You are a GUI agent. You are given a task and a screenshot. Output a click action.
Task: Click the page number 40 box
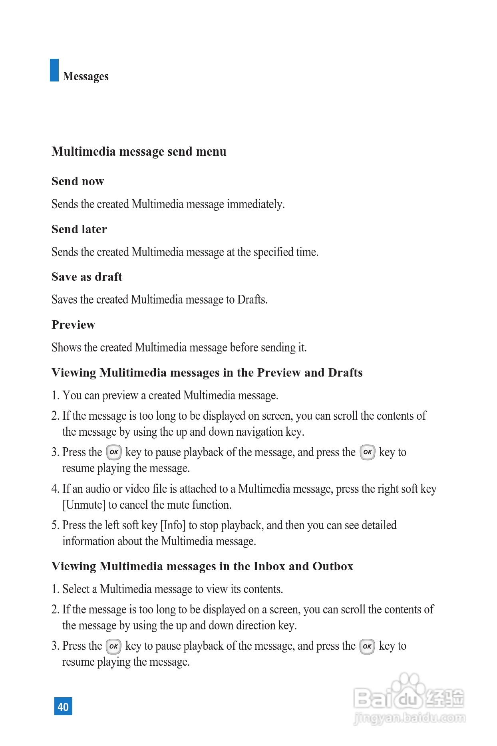click(x=63, y=706)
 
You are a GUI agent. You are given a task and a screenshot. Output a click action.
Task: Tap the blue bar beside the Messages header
click(x=54, y=70)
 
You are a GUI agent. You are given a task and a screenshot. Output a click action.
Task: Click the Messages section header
click(x=85, y=76)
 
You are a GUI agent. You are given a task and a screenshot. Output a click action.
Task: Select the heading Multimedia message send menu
click(x=139, y=152)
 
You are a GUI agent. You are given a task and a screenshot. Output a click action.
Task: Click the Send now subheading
click(x=78, y=181)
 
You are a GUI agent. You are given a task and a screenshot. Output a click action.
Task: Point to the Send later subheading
click(x=79, y=229)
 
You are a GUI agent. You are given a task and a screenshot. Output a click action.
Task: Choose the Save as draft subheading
click(x=87, y=277)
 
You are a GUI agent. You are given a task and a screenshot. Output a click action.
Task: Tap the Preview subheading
click(x=73, y=325)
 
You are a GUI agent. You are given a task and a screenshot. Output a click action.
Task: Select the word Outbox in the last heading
click(x=333, y=566)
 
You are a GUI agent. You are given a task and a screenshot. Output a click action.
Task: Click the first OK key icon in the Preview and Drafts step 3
click(x=114, y=452)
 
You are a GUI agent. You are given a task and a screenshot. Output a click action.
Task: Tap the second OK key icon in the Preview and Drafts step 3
click(x=368, y=452)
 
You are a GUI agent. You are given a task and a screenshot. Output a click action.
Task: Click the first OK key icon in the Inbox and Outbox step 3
click(x=113, y=646)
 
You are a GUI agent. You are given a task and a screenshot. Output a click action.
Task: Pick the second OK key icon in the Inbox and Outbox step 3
click(x=367, y=646)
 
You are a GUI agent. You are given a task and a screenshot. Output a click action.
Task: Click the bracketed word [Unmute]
click(x=84, y=505)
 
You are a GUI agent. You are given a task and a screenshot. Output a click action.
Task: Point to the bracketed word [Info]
click(x=173, y=525)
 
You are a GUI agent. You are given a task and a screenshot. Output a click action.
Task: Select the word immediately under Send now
click(x=256, y=204)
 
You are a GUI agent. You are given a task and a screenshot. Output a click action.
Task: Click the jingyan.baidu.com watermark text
click(x=410, y=718)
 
